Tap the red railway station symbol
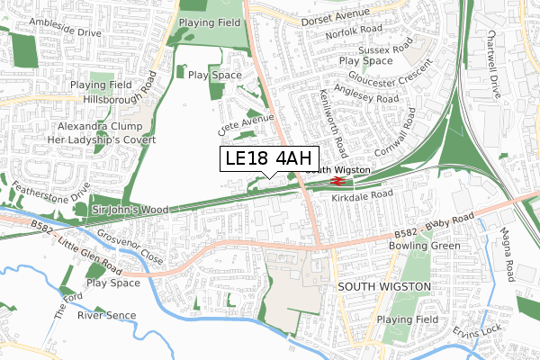tap(312, 180)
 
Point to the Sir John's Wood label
tap(130, 209)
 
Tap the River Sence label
tap(105, 315)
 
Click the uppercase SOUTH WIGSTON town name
tap(383, 285)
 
